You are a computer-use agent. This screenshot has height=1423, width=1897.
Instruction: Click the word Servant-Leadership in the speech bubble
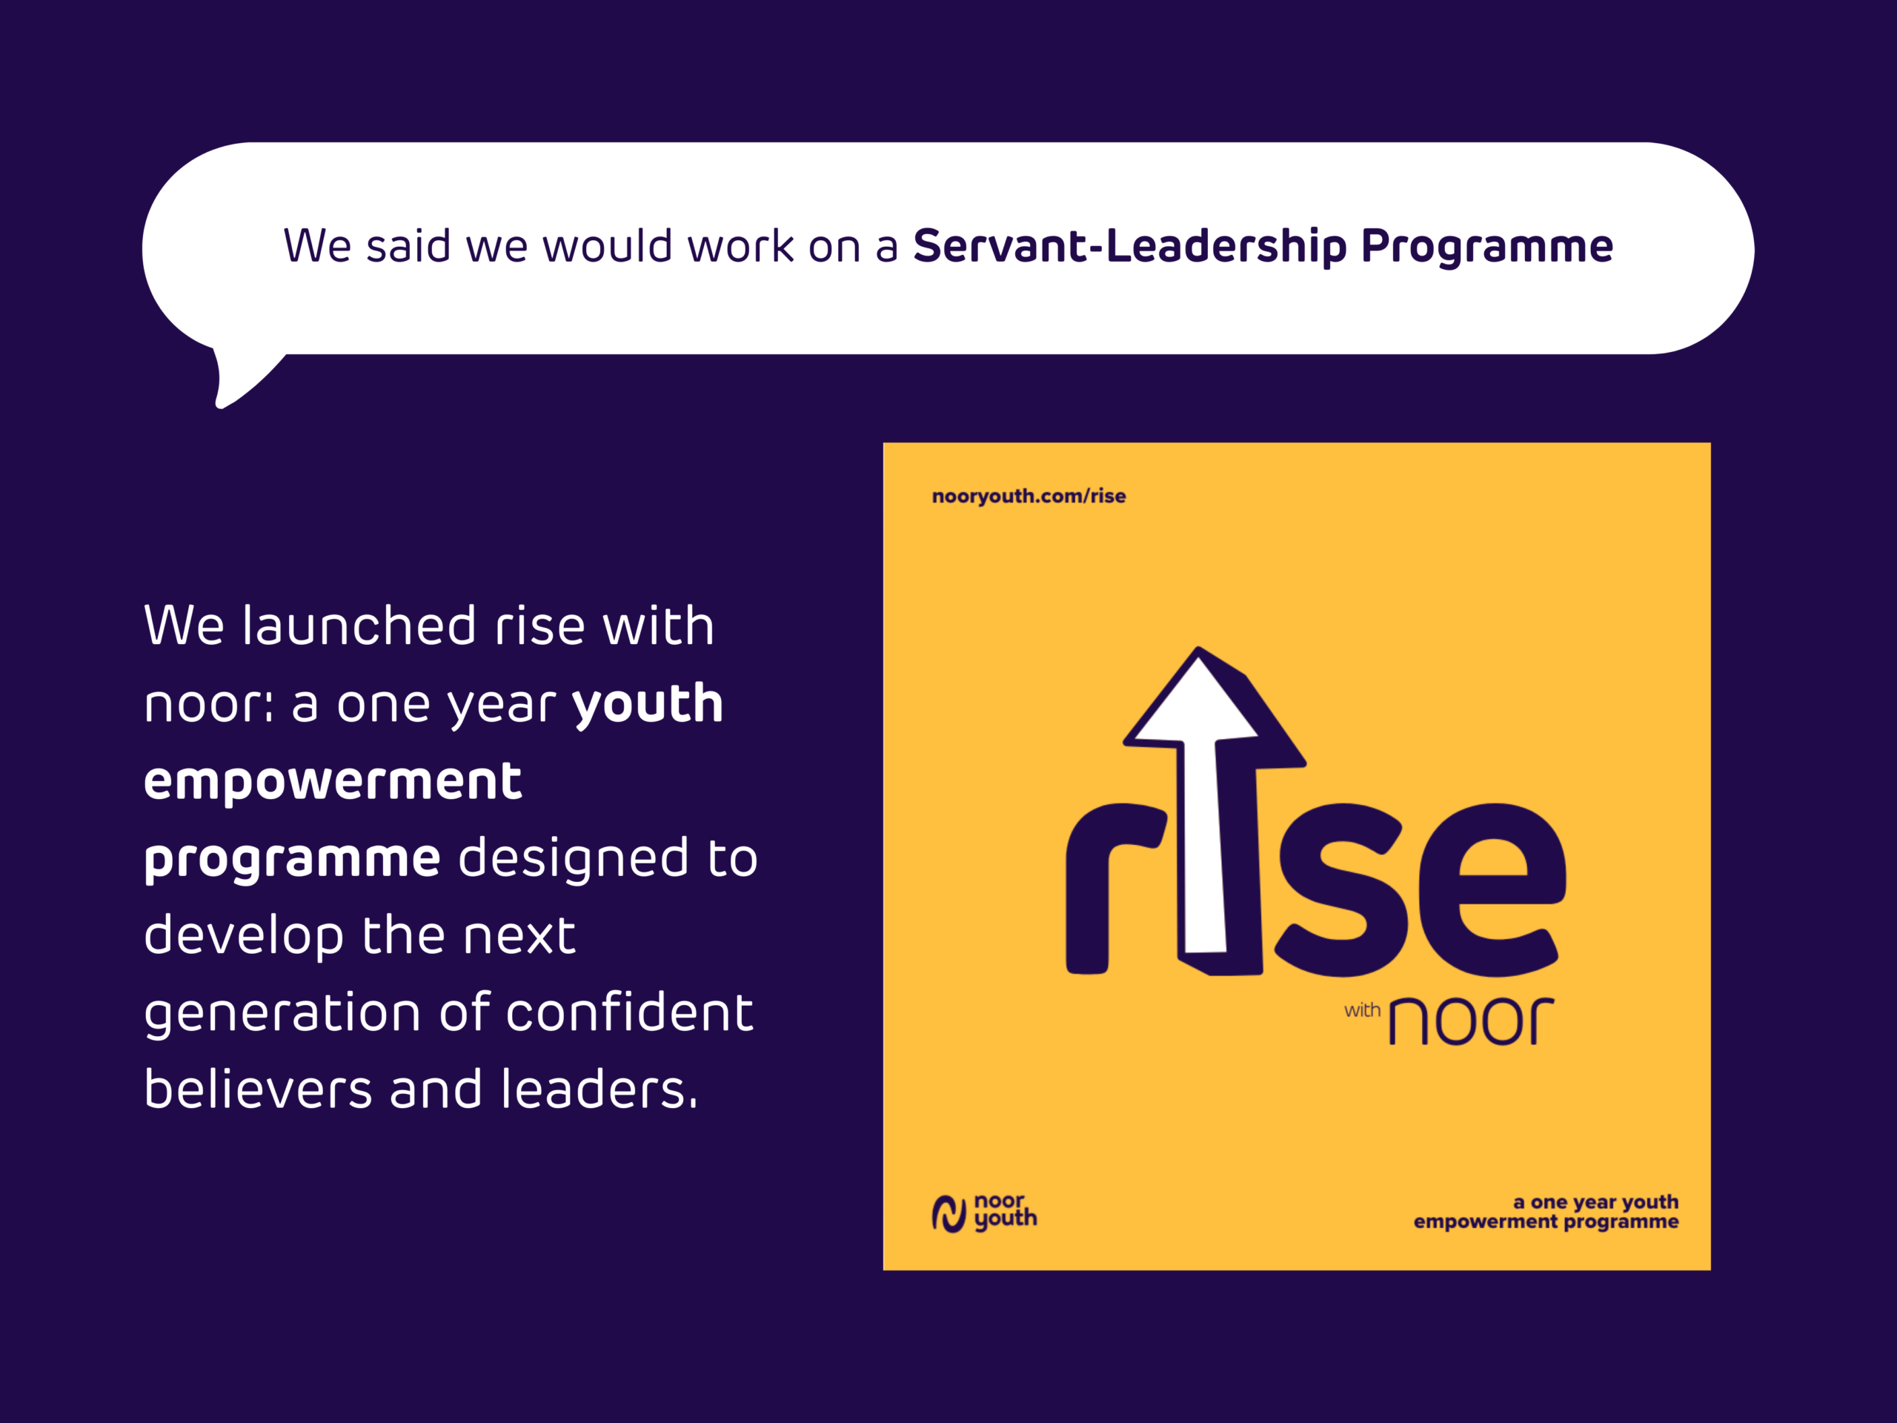pos(1130,246)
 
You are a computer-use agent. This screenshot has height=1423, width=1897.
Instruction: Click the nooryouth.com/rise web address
pos(1029,496)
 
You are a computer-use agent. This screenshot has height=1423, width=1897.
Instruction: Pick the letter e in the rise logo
pos(1492,889)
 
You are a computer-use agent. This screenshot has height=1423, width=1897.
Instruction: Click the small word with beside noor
pos(1362,1009)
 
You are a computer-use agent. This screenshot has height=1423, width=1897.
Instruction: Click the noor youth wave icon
pos(949,1214)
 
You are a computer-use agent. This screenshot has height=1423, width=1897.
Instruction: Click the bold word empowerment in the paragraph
pos(333,782)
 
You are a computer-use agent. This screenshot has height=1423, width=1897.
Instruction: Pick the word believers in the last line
pos(258,1089)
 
